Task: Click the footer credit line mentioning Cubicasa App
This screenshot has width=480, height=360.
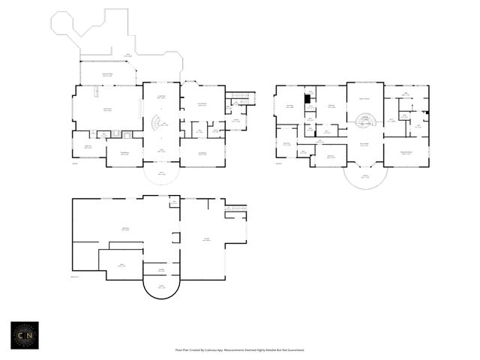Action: [239, 349]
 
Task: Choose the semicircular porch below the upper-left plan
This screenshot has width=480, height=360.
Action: [161, 175]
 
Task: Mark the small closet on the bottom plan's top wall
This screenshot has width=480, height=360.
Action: [174, 202]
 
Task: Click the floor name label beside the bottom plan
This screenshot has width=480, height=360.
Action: [75, 277]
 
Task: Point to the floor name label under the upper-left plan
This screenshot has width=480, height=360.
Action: [75, 163]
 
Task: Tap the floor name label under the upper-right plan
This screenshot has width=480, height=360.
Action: [279, 163]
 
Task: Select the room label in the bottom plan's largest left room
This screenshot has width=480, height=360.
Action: [125, 229]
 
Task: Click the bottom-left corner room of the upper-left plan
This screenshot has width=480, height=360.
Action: [88, 145]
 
